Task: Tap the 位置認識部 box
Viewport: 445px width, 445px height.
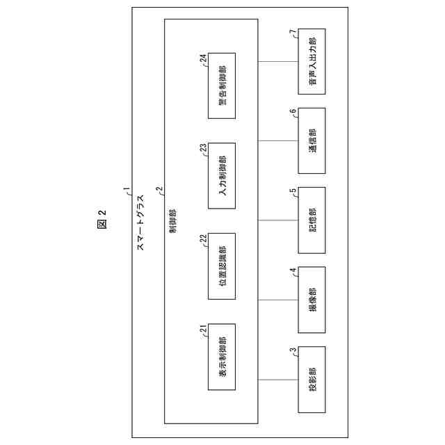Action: coord(221,266)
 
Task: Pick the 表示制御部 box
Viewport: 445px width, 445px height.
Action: coord(221,356)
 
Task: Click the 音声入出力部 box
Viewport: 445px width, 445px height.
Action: coord(312,61)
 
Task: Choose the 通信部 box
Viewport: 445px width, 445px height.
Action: coord(312,140)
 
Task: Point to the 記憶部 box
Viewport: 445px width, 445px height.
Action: coord(312,220)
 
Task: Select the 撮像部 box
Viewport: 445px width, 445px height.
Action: coord(312,299)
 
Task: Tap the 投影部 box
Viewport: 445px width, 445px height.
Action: coord(312,379)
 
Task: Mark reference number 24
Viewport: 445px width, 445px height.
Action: coord(204,59)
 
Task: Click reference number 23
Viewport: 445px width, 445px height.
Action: coord(204,149)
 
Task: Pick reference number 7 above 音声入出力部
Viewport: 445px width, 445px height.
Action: coord(293,32)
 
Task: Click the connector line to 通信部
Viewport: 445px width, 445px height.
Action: coord(278,140)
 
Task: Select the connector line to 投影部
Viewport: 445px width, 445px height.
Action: coord(278,379)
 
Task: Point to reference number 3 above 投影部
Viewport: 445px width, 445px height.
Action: coord(293,351)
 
